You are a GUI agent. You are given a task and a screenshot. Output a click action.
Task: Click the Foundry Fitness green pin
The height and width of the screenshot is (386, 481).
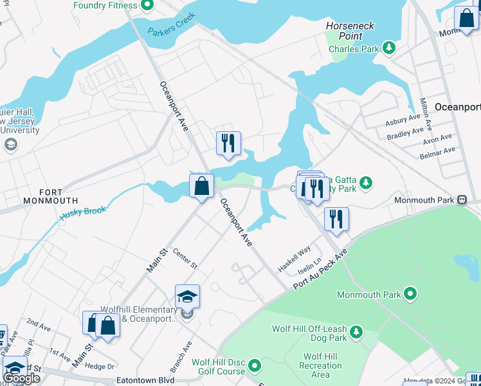147,6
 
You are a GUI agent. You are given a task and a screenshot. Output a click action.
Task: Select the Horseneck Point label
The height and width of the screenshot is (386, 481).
350,31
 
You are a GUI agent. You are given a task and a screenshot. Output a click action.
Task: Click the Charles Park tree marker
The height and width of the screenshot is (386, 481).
388,48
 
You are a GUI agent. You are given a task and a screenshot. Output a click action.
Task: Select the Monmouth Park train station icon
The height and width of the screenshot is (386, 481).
462,200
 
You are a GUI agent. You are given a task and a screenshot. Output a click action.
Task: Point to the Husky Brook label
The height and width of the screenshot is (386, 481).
83,212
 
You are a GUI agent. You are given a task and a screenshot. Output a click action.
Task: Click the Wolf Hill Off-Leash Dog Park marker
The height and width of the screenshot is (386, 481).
356,333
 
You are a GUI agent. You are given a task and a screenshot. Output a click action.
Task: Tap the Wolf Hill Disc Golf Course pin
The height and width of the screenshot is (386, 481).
255,367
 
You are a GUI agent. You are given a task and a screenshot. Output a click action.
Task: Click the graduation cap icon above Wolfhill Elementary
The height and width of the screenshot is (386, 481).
187,297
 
